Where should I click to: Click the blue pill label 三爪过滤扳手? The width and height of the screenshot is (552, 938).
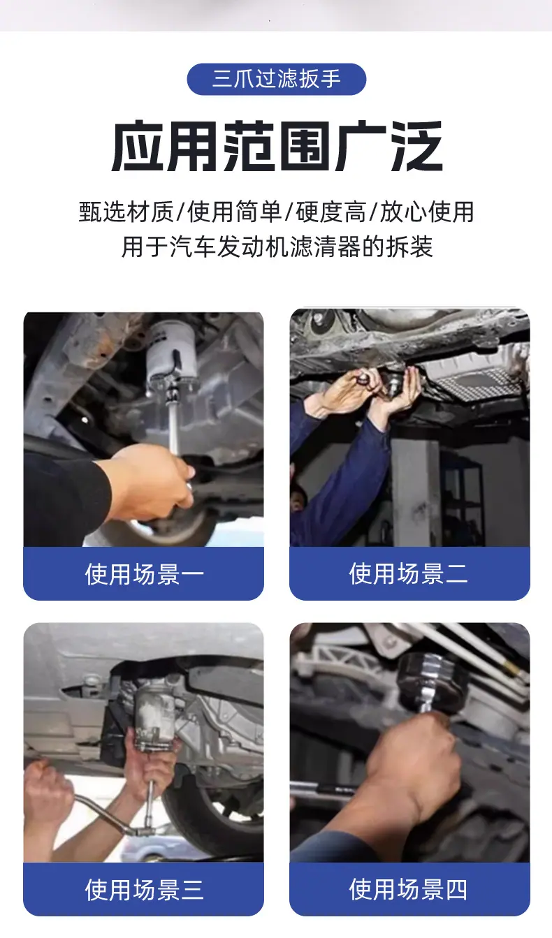[277, 79]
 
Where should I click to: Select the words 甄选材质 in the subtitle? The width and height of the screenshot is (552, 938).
[126, 212]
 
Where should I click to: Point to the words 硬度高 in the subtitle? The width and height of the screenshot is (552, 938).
[331, 212]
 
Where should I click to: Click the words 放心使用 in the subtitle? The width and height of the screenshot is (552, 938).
[427, 212]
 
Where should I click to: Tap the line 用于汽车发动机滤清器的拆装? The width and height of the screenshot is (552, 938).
[277, 247]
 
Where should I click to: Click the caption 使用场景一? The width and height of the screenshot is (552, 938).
[144, 573]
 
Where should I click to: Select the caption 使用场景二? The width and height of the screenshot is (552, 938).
[408, 573]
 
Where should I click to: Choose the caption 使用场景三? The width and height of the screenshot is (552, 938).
[144, 890]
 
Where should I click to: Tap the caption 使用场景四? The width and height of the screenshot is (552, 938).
[408, 890]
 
